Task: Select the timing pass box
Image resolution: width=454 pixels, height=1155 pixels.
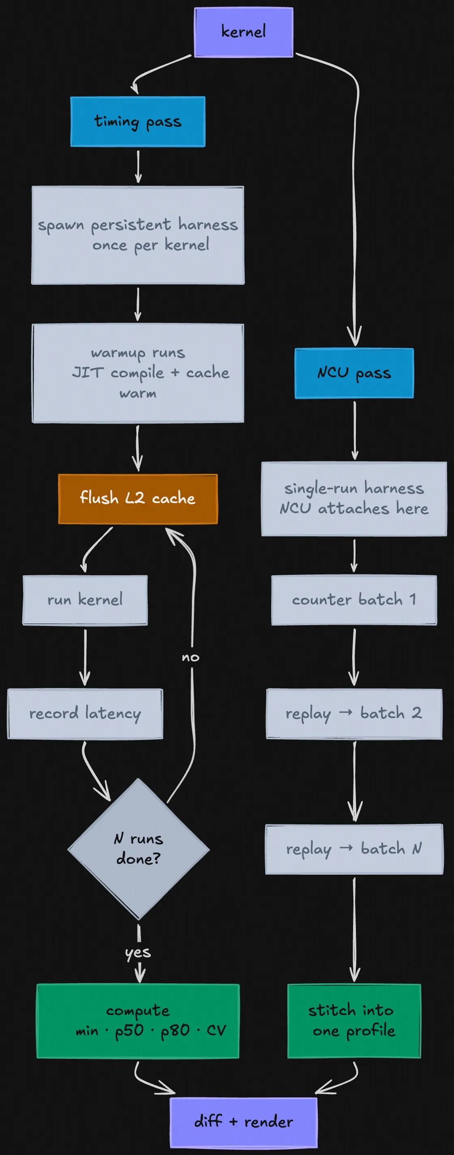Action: point(137,122)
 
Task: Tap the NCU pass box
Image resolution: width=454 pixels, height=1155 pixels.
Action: point(354,373)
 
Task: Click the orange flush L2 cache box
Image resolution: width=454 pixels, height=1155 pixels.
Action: point(137,499)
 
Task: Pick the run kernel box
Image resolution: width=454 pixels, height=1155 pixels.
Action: point(85,600)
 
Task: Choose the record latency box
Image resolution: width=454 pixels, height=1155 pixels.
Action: point(85,713)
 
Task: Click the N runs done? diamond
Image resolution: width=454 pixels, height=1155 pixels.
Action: point(138,849)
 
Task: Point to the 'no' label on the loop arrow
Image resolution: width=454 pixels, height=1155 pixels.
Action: point(191,658)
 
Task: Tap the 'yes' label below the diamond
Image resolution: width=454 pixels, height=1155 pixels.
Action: point(137,952)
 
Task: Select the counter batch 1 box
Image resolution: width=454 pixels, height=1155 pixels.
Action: point(354,600)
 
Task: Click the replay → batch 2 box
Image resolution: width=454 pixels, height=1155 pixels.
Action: point(354,713)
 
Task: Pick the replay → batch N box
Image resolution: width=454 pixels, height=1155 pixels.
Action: point(354,849)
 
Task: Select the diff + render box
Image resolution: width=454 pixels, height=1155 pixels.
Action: point(243,1122)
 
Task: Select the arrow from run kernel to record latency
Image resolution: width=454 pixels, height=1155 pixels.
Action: point(85,657)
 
